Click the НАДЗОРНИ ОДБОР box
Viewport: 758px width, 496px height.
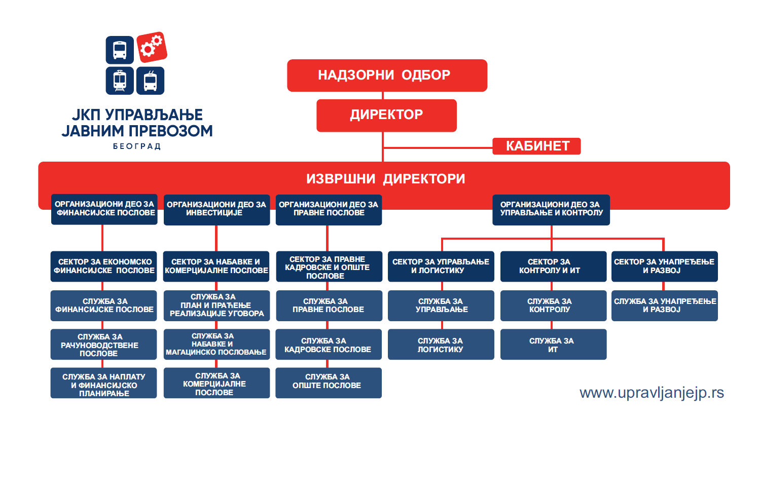point(387,75)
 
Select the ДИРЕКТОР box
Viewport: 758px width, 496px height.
point(386,115)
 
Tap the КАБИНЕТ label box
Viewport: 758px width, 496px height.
point(536,146)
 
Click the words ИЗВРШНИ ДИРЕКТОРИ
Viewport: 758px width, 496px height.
point(385,179)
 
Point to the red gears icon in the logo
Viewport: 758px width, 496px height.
point(151,47)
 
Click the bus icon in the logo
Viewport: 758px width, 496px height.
point(120,50)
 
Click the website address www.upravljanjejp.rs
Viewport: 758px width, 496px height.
point(652,393)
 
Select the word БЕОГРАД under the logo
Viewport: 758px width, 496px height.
point(136,146)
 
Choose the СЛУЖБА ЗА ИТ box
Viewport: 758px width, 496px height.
point(553,345)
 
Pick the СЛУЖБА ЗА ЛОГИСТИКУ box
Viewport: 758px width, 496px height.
point(441,345)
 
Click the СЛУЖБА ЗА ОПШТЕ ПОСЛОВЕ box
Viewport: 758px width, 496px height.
point(328,383)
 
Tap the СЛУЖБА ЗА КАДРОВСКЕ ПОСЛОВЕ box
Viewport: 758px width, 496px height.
point(328,345)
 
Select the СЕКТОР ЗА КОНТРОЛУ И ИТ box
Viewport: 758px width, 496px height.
point(553,266)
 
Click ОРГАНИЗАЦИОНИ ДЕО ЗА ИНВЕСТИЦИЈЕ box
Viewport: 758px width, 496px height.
point(216,209)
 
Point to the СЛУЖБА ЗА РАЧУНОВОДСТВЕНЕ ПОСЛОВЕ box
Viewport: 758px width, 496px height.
point(103,345)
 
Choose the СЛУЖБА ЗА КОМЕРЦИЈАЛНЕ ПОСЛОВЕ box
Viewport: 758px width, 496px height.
point(216,383)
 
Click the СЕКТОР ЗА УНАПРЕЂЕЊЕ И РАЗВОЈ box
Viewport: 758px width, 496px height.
point(664,266)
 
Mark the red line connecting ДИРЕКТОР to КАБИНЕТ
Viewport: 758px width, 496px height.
point(437,148)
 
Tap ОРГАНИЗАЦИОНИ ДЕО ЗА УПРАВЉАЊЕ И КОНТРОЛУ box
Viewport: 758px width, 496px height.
point(551,209)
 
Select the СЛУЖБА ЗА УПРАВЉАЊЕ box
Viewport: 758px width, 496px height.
point(441,306)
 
